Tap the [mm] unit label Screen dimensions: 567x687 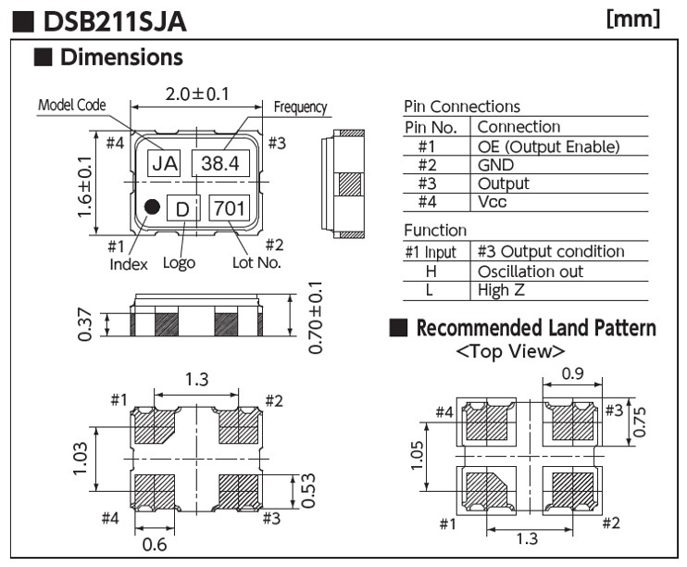tap(632, 19)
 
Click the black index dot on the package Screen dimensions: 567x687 tap(152, 207)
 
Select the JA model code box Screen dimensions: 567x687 tap(165, 164)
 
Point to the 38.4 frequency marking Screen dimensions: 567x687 tap(221, 164)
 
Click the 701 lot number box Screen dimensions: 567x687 tap(230, 208)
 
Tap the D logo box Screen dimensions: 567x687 tap(182, 209)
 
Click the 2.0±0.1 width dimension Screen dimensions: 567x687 tap(197, 93)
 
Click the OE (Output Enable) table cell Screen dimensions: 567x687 tap(547, 146)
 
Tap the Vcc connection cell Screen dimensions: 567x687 tap(492, 201)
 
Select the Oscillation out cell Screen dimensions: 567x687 tap(530, 271)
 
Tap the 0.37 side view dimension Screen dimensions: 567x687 tap(84, 324)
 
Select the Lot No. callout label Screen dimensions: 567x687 tap(256, 262)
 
